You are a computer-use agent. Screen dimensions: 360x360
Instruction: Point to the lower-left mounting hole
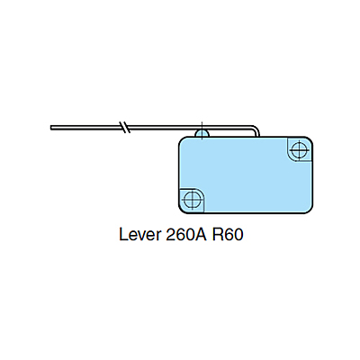[x=191, y=199]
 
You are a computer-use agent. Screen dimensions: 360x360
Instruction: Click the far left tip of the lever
[x=52, y=128]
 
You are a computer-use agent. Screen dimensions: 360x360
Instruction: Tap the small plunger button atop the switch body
[x=202, y=133]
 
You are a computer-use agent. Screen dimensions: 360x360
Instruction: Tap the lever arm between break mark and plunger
[x=166, y=128]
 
